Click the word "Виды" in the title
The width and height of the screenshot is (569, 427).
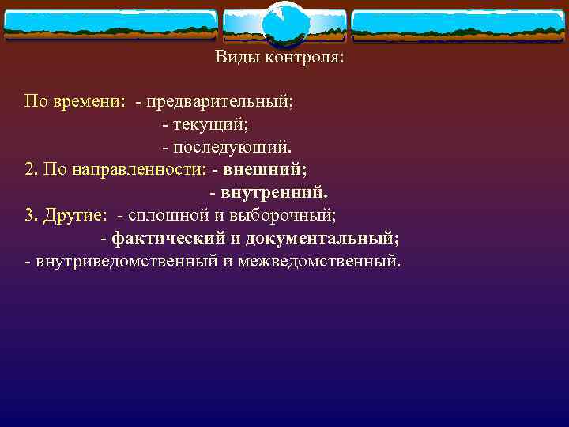click(235, 58)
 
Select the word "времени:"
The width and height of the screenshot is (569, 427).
click(92, 102)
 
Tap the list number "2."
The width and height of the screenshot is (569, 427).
click(31, 169)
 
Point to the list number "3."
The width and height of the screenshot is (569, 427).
click(31, 214)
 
